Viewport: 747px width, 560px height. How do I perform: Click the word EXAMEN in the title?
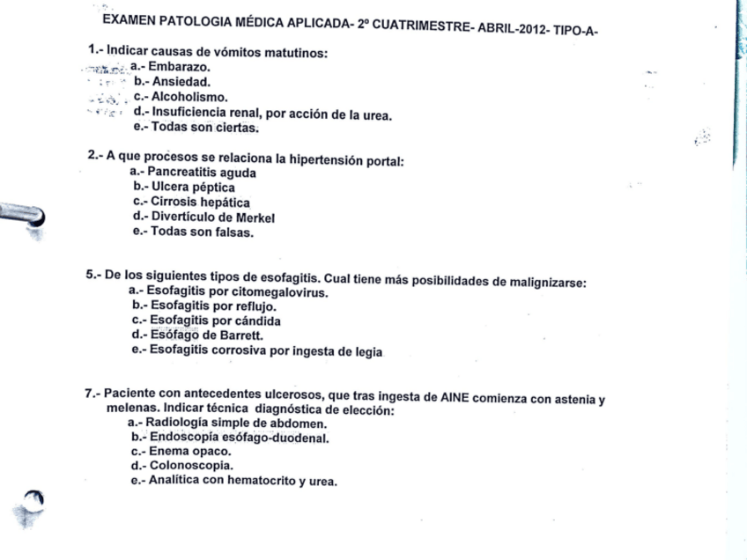129,20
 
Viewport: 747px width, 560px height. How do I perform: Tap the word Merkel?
255,217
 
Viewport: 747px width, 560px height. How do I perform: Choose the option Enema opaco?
189,452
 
